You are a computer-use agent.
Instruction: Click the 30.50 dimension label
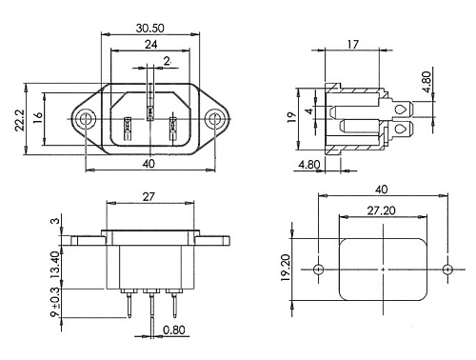150,28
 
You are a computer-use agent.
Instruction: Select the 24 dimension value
150,45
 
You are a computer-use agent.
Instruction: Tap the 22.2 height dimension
20,120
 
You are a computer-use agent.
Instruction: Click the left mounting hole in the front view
85,119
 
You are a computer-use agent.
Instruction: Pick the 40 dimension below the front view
149,164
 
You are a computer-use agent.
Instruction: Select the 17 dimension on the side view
352,45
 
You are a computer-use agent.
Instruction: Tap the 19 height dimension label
291,117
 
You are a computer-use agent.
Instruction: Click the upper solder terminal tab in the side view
402,110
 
